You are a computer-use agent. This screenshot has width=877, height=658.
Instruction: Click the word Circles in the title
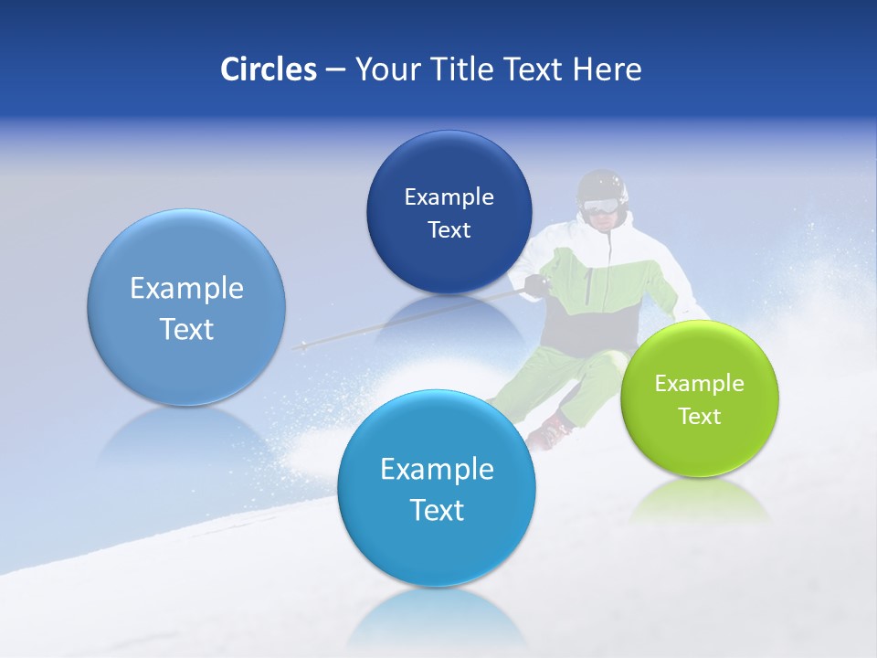coord(268,69)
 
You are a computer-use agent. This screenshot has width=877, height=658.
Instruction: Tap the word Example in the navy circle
coord(449,196)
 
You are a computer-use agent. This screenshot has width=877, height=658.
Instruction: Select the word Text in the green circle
coord(699,416)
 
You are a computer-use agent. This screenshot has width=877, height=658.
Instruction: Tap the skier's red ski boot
coord(551,431)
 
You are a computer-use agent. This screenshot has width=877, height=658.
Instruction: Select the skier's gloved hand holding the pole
coord(536,286)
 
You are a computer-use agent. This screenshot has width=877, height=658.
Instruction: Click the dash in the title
coord(334,69)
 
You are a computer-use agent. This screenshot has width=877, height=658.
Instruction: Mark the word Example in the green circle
coord(699,383)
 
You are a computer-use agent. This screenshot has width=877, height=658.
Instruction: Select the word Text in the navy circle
coord(449,229)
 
